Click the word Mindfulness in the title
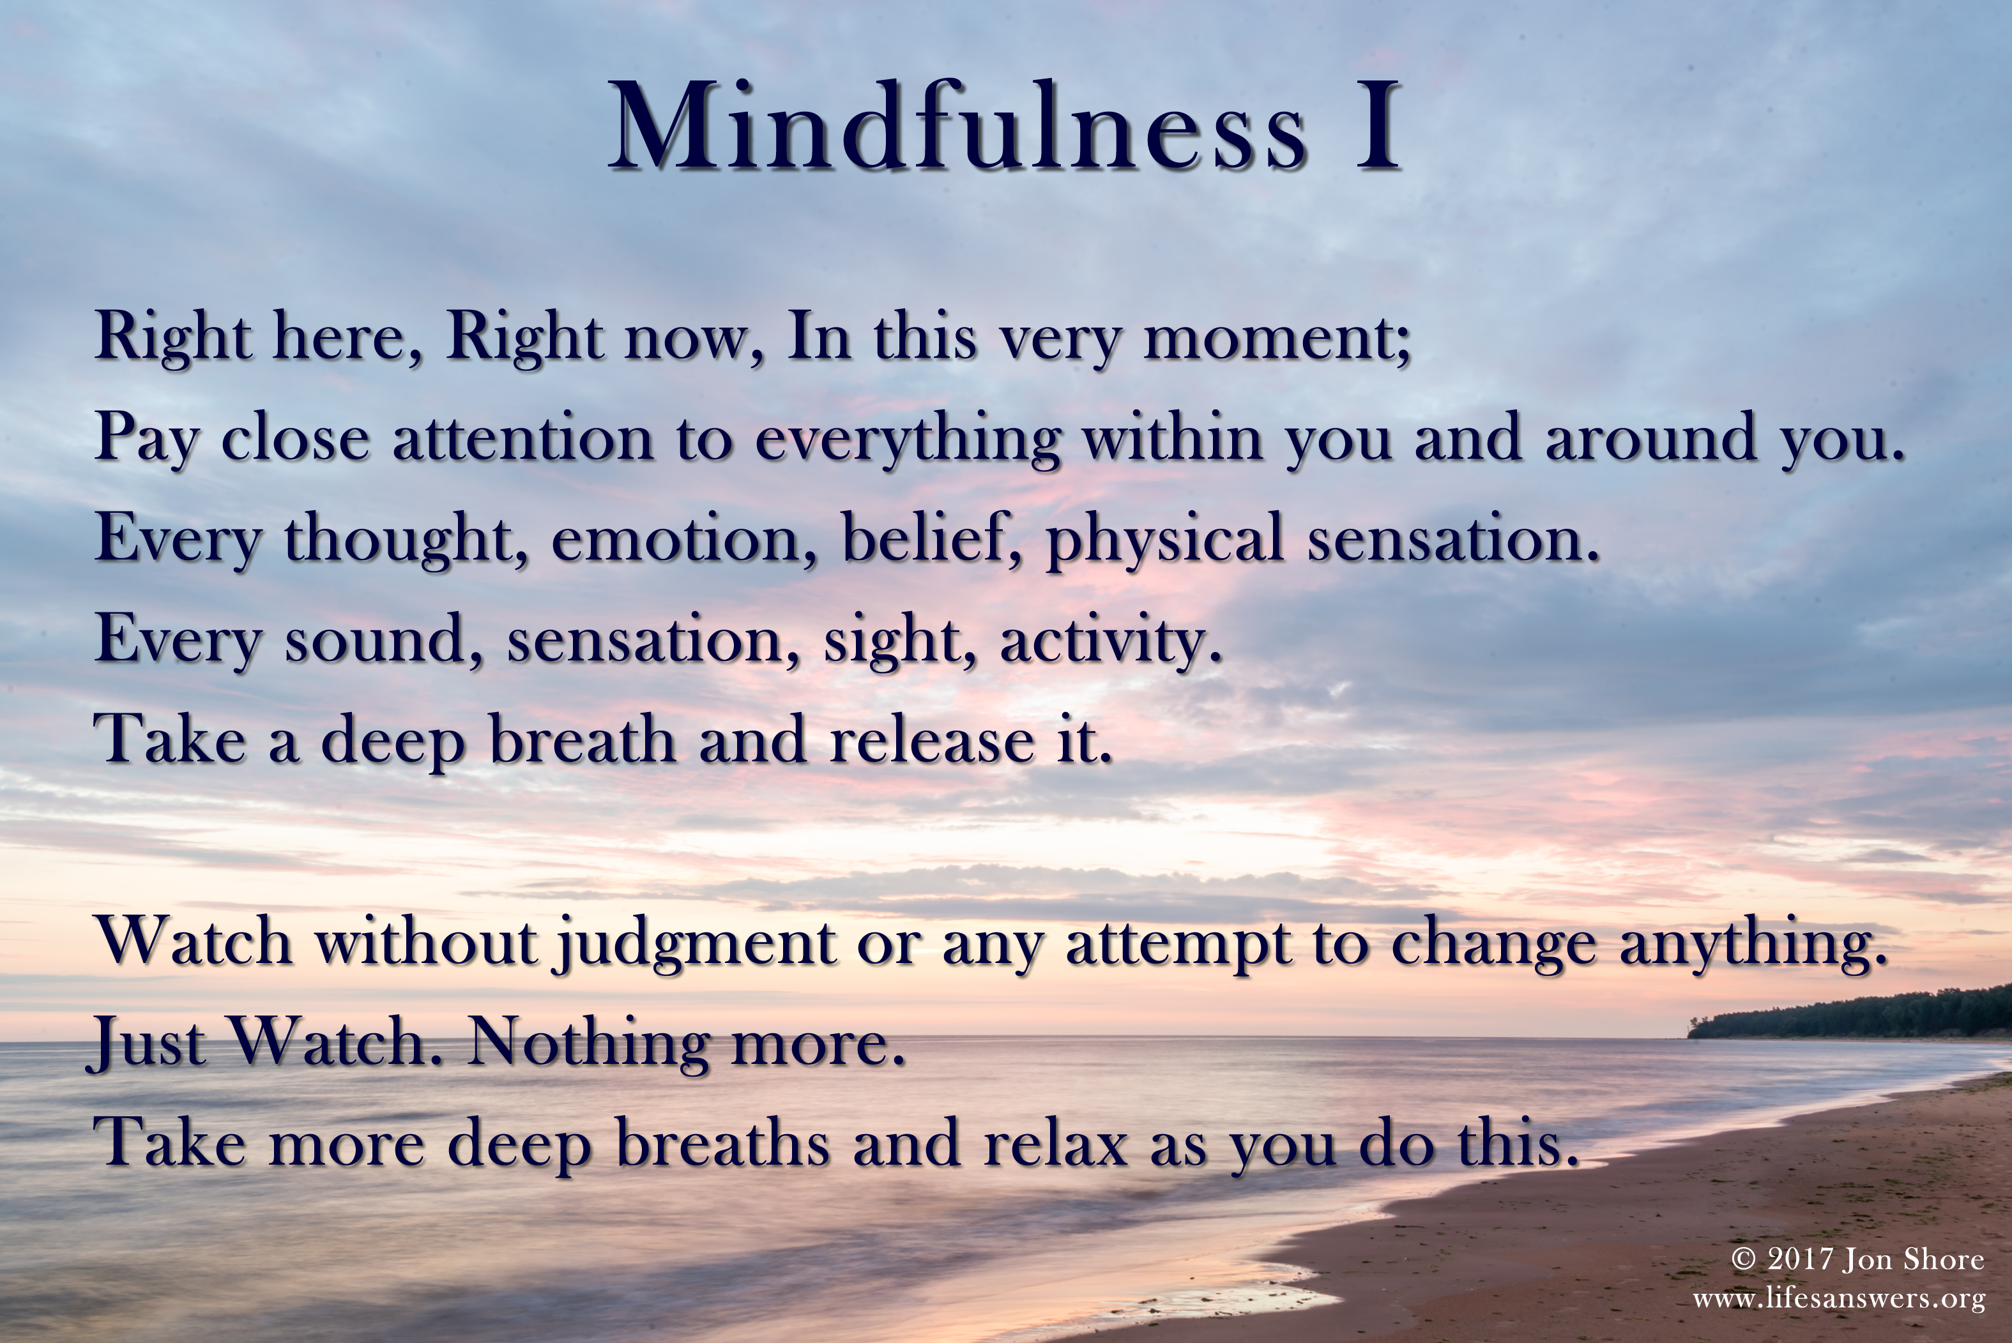(x=957, y=126)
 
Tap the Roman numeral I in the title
(x=1377, y=126)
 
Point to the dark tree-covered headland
(x=1850, y=1016)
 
